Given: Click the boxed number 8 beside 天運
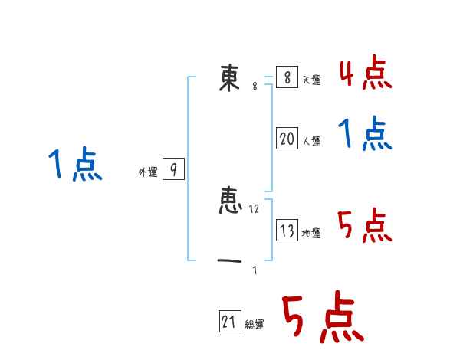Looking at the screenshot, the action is [286, 77].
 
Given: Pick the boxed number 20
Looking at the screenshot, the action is [287, 139].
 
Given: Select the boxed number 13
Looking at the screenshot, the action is [287, 231].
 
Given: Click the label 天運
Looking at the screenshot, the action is [311, 80].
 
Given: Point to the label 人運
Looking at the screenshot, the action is [311, 142].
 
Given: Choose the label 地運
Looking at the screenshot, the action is [311, 234].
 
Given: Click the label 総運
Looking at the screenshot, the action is [255, 326].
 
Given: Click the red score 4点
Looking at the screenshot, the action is [365, 73].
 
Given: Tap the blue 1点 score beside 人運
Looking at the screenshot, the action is [365, 134].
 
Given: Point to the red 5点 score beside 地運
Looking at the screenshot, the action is [365, 225].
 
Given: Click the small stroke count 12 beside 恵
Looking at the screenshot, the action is [255, 208].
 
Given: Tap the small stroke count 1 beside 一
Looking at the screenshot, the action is [255, 269].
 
